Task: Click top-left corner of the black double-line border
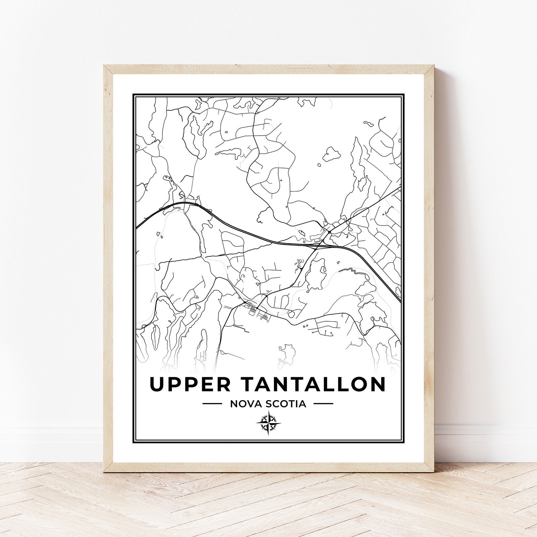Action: click(x=133, y=94)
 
